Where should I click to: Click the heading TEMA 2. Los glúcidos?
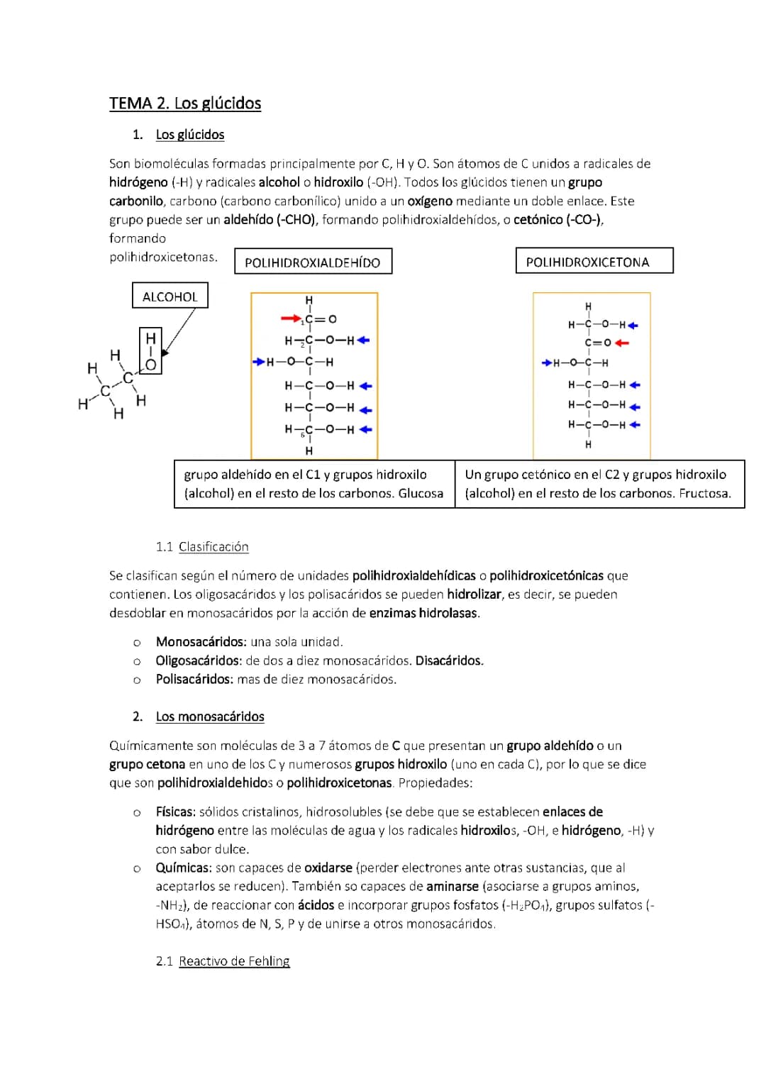coord(185,104)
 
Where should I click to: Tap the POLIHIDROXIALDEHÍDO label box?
coord(313,262)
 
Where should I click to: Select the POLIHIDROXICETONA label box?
coord(594,261)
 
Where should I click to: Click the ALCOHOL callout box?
coord(170,296)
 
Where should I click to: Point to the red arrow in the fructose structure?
coord(622,343)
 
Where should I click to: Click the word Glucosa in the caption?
coord(421,494)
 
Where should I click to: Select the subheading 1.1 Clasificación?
coord(202,547)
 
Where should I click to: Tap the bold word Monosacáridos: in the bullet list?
coord(201,642)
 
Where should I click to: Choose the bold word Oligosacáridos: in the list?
coord(199,661)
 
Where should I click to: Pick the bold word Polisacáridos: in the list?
coord(194,680)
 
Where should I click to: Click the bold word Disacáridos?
coord(449,661)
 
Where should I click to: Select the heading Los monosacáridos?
coord(210,717)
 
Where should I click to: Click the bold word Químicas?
coord(184,868)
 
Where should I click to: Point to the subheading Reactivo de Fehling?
coord(234,961)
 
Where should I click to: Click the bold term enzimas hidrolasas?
coord(424,614)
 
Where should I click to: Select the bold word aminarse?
coord(453,887)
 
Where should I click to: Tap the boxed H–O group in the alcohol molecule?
coord(150,351)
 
